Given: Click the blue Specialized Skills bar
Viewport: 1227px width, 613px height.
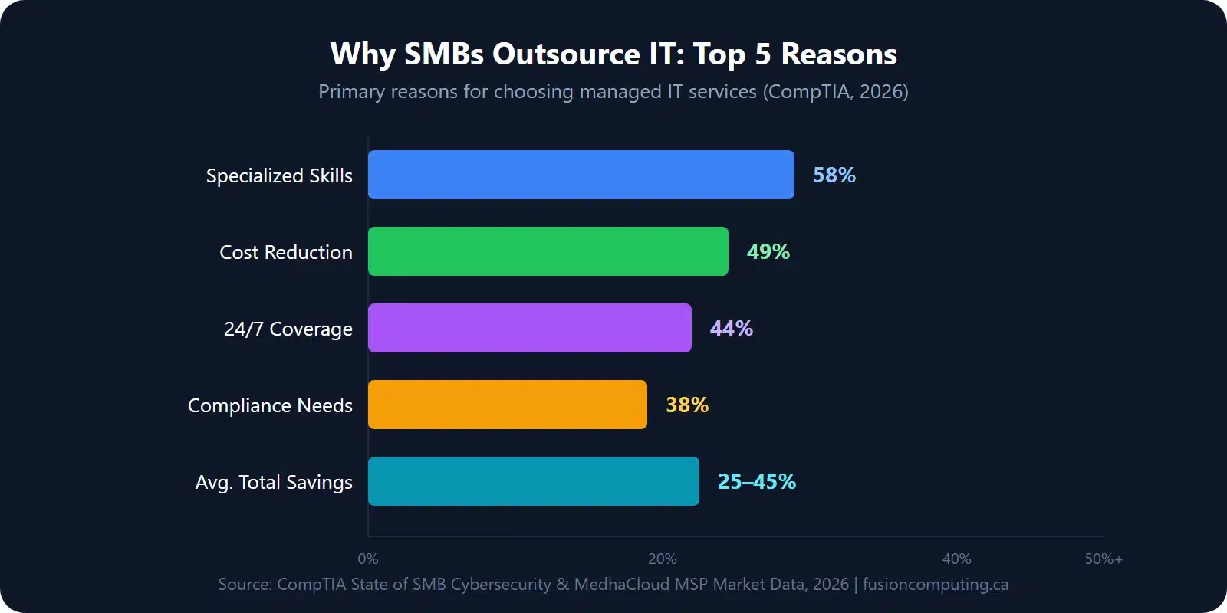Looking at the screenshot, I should pyautogui.click(x=581, y=175).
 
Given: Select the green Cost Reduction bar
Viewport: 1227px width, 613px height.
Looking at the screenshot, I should pyautogui.click(x=548, y=251).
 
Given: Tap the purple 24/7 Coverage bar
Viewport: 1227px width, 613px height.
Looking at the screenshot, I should pyautogui.click(x=529, y=328).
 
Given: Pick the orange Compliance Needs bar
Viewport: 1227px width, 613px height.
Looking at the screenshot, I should pyautogui.click(x=507, y=405).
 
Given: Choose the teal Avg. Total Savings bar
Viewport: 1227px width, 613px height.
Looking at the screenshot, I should pyautogui.click(x=533, y=481).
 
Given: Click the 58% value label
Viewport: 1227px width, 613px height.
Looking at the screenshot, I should pyautogui.click(x=834, y=175).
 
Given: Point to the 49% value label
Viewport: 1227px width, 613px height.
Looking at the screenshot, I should pyautogui.click(x=768, y=252).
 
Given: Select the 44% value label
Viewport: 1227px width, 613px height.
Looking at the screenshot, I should pyautogui.click(x=731, y=329).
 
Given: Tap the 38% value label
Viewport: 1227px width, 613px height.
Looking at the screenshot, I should pyautogui.click(x=686, y=405).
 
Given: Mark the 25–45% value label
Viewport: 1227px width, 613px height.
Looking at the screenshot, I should pyautogui.click(x=756, y=482).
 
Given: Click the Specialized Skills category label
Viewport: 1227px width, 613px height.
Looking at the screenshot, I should pyautogui.click(x=279, y=175).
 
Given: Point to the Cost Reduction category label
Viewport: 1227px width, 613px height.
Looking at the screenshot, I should pyautogui.click(x=285, y=252).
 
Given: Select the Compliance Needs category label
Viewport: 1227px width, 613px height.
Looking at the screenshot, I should pyautogui.click(x=270, y=405).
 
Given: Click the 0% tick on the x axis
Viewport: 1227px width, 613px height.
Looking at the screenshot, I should pyautogui.click(x=368, y=559).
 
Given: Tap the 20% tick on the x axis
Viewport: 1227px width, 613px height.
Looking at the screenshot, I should pyautogui.click(x=663, y=559).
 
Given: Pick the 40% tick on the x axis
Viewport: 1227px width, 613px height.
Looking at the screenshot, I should pyautogui.click(x=956, y=559).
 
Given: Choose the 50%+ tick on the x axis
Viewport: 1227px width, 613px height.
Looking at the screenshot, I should pyautogui.click(x=1103, y=559).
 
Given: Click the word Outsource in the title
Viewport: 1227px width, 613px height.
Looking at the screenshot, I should pyautogui.click(x=566, y=54).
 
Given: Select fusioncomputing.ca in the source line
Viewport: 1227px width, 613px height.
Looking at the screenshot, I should pyautogui.click(x=935, y=584).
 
